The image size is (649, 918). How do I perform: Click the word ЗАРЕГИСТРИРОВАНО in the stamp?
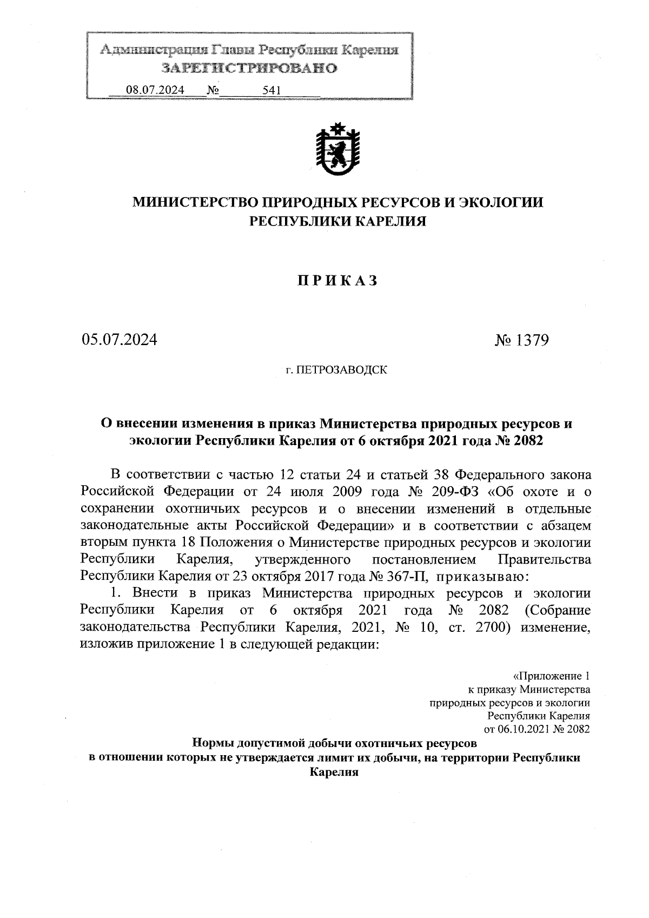249,68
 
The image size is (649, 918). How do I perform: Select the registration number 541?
270,90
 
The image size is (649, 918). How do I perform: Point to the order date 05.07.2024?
119,340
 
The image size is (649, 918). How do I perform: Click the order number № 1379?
522,340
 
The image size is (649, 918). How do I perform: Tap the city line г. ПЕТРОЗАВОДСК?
336,371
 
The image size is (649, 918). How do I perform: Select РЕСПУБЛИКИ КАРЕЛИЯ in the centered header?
337,221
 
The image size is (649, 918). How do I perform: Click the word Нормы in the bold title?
213,743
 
